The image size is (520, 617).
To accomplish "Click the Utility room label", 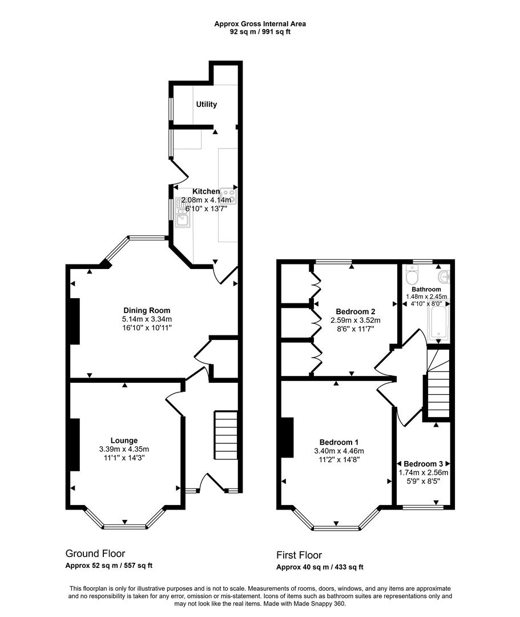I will tap(206, 105).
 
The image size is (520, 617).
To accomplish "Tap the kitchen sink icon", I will tap(184, 213).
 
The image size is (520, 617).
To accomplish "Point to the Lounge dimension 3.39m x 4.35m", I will tap(124, 449).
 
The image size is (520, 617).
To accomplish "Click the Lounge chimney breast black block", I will tap(75, 444).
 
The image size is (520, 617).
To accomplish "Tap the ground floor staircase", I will tap(226, 435).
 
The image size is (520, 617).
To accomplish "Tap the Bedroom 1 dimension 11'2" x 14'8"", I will tap(338, 459).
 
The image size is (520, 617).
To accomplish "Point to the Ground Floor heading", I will tap(95, 553).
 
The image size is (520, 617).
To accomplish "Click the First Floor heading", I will tap(299, 555).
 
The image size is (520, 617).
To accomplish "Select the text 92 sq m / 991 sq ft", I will tap(260, 32).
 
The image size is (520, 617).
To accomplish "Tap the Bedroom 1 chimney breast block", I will tap(287, 437).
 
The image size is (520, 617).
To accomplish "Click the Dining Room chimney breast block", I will tap(74, 321).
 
